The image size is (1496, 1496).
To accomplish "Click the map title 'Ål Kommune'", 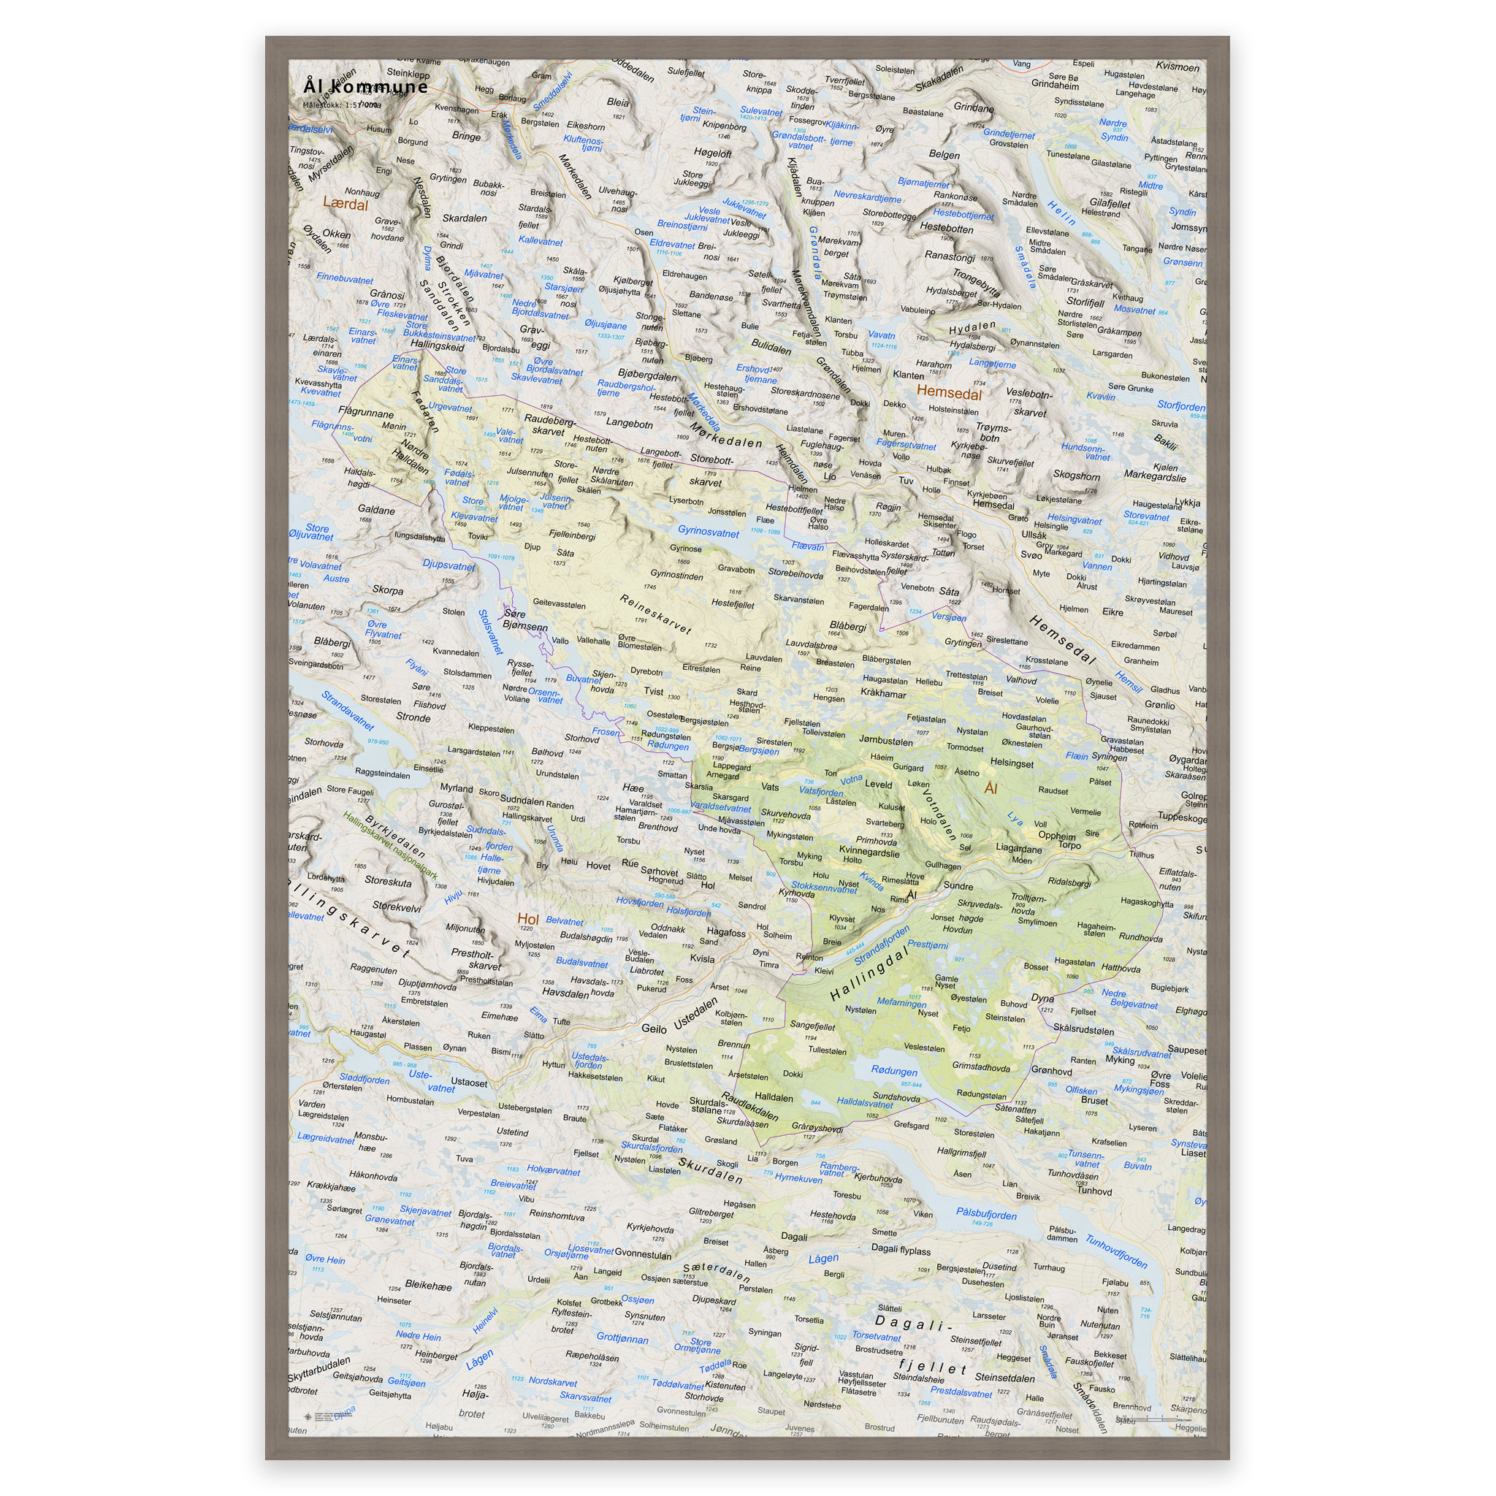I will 365,86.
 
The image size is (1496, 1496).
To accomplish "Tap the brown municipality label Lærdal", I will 345,205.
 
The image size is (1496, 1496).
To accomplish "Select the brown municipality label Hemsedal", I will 949,392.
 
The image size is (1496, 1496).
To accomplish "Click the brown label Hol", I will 527,919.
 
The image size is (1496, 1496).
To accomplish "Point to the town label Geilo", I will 654,1028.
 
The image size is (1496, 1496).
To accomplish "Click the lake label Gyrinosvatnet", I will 708,532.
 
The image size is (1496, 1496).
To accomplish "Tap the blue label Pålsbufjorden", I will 985,1214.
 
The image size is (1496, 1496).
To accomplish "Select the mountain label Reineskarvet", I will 655,614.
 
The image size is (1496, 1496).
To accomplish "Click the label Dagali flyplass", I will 901,1249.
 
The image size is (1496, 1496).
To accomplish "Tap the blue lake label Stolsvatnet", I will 490,632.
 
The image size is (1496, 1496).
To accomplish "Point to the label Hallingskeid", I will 438,346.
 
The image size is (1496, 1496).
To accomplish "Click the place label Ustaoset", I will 468,1083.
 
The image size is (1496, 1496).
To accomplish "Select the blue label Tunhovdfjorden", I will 1116,1251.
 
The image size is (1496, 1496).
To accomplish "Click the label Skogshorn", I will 1075,476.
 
